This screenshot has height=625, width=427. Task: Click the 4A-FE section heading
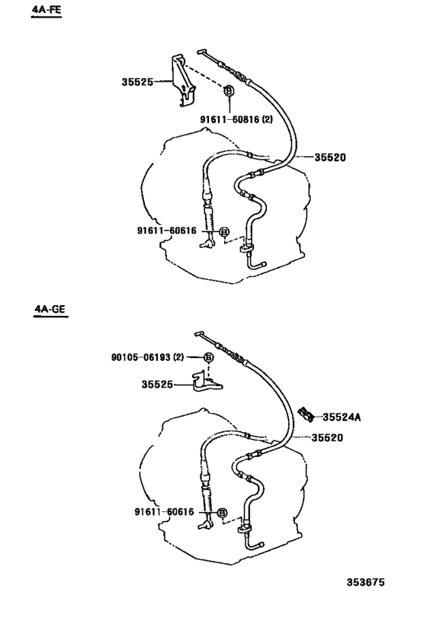click(x=45, y=11)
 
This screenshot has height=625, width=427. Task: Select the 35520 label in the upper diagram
click(x=330, y=158)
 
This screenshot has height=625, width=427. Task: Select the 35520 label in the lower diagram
click(x=327, y=437)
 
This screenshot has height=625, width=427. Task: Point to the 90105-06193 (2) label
click(x=154, y=357)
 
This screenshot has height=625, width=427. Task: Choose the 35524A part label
click(x=341, y=417)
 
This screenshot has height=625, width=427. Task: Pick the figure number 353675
click(x=366, y=582)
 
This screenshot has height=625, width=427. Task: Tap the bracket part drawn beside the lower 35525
click(x=207, y=382)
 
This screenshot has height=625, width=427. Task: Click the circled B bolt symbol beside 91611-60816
click(x=229, y=91)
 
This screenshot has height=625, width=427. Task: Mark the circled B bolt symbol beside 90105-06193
click(x=208, y=358)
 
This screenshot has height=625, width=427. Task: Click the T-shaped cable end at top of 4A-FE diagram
click(x=204, y=53)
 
